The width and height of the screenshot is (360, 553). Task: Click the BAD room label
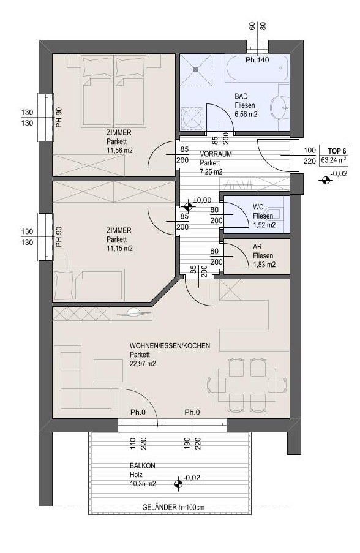241,96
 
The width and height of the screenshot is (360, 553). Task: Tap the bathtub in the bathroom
257,68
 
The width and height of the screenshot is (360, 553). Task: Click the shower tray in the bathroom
197,69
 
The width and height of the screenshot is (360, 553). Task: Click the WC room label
258,207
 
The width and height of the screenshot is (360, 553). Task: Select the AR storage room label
257,247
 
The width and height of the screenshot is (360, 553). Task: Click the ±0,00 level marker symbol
188,206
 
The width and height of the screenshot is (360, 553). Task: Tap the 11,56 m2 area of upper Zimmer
119,151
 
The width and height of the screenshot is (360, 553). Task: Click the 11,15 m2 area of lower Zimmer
119,248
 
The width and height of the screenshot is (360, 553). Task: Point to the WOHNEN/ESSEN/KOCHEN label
170,345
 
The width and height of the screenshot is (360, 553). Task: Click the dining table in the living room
247,385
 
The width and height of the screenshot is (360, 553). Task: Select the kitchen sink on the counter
133,312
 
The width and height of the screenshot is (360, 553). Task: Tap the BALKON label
143,465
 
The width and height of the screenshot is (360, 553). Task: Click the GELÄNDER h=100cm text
173,508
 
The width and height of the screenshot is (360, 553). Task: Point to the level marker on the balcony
178,484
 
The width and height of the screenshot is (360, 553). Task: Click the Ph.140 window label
257,60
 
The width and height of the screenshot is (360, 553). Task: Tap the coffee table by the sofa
108,371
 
